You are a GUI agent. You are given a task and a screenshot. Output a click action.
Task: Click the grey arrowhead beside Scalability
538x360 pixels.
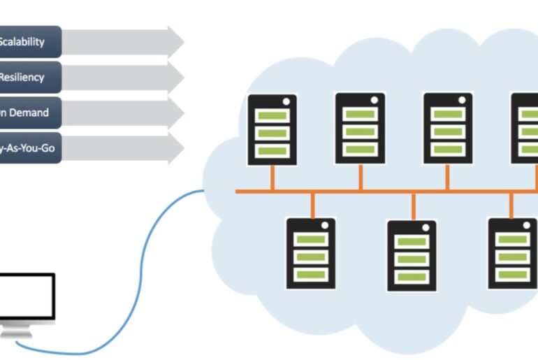pyautogui.click(x=175, y=41)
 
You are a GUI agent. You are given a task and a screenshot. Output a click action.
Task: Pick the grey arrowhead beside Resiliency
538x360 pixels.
pyautogui.click(x=175, y=77)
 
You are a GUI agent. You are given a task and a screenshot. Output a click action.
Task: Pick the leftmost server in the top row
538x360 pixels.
pyautogui.click(x=272, y=129)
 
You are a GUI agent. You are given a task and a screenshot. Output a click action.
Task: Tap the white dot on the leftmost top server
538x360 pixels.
pyautogui.click(x=286, y=101)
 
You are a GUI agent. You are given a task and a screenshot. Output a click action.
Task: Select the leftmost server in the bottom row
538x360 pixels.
pyautogui.click(x=311, y=253)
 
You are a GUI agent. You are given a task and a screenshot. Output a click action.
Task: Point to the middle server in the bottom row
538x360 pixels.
pyautogui.click(x=412, y=255)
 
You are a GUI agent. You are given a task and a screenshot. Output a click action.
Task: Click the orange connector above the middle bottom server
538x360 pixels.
pyautogui.click(x=414, y=206)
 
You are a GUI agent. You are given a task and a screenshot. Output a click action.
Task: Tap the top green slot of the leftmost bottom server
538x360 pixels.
pyautogui.click(x=311, y=239)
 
